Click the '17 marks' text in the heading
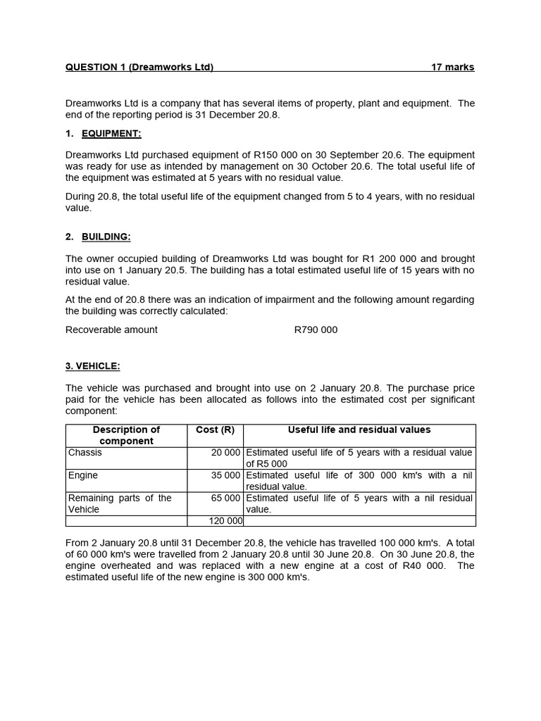(452, 68)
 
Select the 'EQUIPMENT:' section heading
(111, 134)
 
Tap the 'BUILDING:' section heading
(106, 237)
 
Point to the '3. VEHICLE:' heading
(93, 366)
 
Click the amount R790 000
(316, 330)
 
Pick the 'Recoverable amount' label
(111, 330)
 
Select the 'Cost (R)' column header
(215, 430)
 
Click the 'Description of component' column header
(127, 435)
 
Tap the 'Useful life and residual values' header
(359, 430)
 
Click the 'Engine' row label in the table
(83, 475)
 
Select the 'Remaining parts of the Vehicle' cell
(120, 503)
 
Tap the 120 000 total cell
(225, 521)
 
